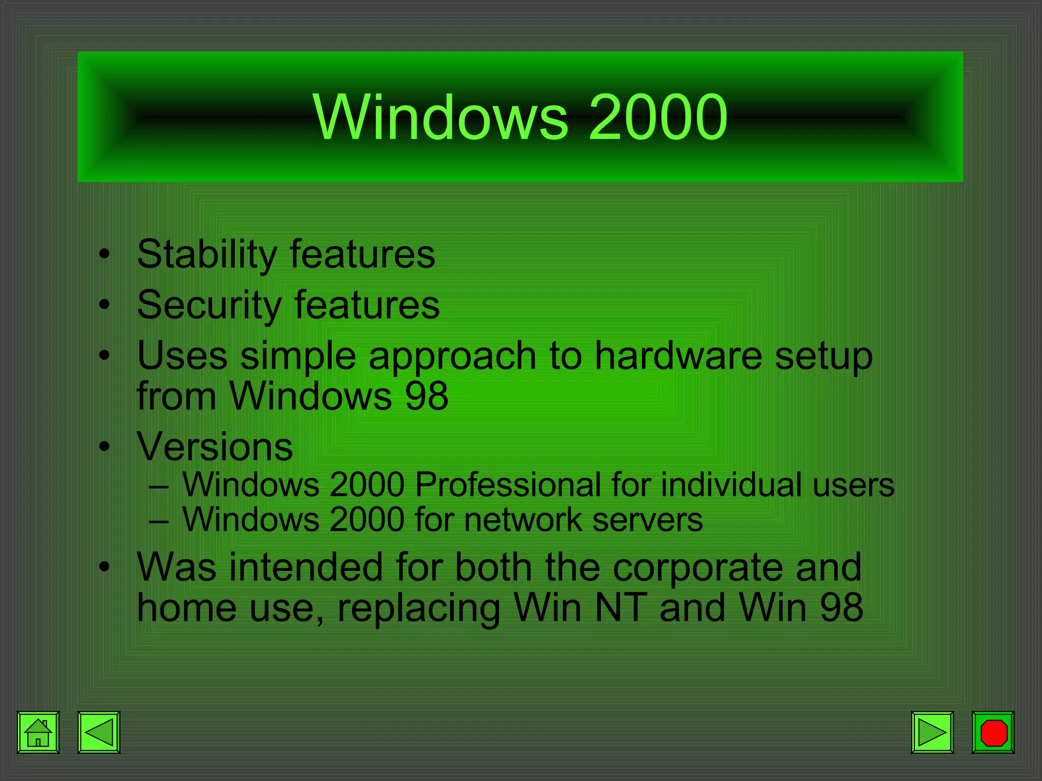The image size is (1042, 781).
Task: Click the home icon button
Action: [38, 732]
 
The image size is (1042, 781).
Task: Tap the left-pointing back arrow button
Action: [99, 732]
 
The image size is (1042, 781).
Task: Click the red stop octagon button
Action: [993, 732]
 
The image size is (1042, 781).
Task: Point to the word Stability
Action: [207, 254]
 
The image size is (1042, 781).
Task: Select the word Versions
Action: [215, 446]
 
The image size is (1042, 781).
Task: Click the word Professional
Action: [508, 484]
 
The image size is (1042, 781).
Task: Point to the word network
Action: [523, 520]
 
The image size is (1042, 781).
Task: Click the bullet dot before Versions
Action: [105, 447]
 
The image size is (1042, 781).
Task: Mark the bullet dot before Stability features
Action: [105, 254]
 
